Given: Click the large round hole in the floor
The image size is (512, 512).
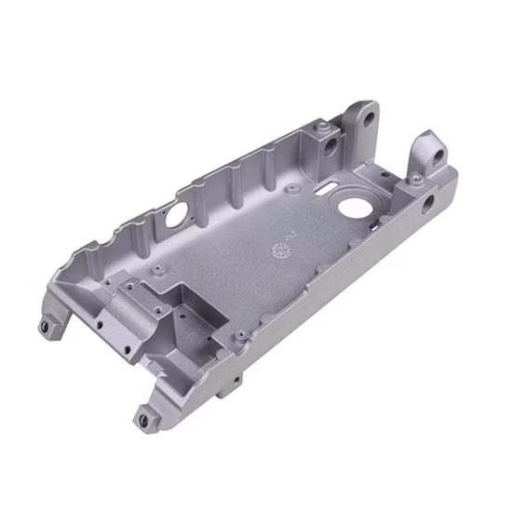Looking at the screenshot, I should click(x=353, y=203).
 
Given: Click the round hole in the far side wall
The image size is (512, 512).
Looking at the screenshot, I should click(x=174, y=213).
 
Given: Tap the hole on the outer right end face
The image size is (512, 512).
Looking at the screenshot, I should click(x=429, y=199).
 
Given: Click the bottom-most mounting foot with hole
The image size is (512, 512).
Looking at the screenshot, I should click(x=143, y=420).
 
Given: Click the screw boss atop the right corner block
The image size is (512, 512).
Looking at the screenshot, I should click(x=418, y=178).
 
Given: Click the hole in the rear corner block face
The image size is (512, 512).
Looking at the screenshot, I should click(x=330, y=147).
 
